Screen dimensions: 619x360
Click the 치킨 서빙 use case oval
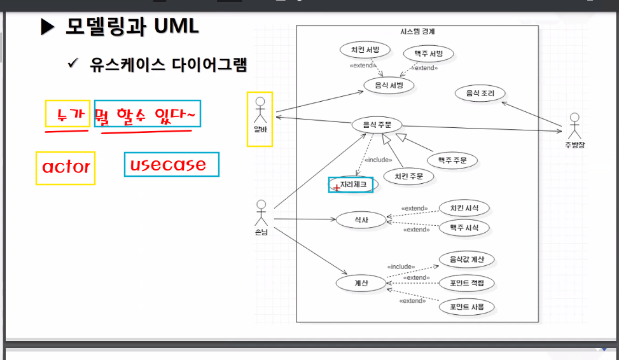click(x=361, y=52)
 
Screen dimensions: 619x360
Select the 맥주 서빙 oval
click(x=428, y=53)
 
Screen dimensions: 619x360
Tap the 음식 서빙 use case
click(x=389, y=85)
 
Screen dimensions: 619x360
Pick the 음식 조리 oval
click(x=480, y=93)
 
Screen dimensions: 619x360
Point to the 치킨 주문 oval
click(x=408, y=176)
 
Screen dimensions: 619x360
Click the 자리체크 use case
click(x=353, y=184)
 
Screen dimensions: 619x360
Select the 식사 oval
click(x=361, y=219)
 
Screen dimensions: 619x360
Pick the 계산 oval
click(x=361, y=282)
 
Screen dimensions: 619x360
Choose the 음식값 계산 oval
click(x=466, y=260)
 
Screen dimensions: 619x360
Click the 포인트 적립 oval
click(x=466, y=282)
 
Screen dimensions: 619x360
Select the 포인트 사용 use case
click(x=466, y=307)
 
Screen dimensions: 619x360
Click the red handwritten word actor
click(x=66, y=167)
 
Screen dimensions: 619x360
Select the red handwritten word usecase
click(x=168, y=165)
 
